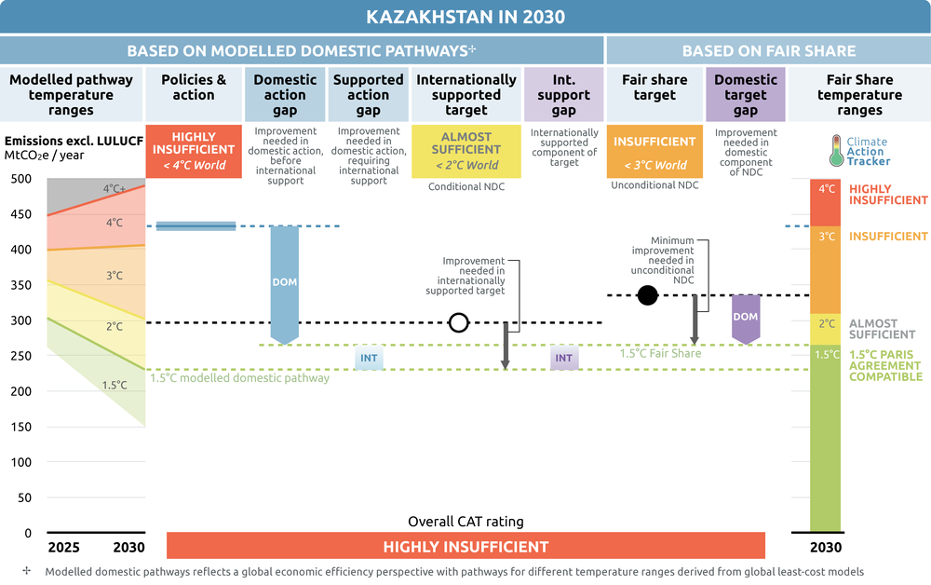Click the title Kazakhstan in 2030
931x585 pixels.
[x=465, y=17]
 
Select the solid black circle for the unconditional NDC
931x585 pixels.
[x=647, y=295]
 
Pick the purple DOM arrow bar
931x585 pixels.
[x=746, y=320]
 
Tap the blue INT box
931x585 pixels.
[x=369, y=358]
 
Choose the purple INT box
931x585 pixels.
[x=563, y=358]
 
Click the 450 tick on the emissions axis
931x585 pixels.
[x=20, y=214]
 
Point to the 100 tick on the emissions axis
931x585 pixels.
[x=20, y=462]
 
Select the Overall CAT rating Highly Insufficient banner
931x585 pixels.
[x=465, y=546]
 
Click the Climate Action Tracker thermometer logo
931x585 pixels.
[x=836, y=151]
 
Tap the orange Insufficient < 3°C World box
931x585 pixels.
[x=654, y=152]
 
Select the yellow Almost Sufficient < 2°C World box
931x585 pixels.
[x=466, y=152]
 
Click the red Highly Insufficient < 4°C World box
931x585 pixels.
[x=194, y=152]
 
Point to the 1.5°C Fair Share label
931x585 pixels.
[x=660, y=353]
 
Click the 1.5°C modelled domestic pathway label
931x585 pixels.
[x=239, y=378]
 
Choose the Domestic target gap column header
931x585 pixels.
[x=746, y=94]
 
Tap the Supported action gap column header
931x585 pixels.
[x=368, y=94]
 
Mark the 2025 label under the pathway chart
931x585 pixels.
[x=63, y=547]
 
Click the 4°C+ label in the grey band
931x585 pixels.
[x=115, y=189]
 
